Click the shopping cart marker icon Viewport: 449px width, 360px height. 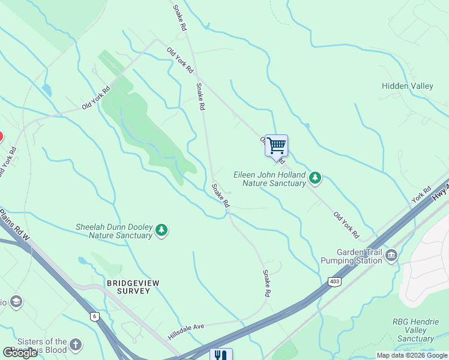(x=276, y=145)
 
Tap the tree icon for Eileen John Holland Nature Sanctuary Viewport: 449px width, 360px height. (x=315, y=178)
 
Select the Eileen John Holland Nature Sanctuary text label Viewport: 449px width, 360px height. (x=269, y=179)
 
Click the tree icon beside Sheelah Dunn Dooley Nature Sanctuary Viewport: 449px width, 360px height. (x=161, y=230)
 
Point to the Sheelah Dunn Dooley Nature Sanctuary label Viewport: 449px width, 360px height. (x=113, y=231)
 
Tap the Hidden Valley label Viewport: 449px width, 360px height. (x=407, y=86)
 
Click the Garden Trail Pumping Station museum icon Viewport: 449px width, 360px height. (x=391, y=256)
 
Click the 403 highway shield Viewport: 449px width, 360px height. (x=334, y=281)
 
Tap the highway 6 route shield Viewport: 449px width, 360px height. (x=94, y=316)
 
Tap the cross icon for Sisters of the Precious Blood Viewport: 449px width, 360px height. (x=75, y=344)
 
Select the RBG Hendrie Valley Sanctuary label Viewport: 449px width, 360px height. (x=415, y=331)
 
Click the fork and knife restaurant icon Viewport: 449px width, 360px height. (x=220, y=355)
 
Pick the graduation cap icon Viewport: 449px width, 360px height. (x=16, y=301)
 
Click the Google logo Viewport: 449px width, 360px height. (x=20, y=353)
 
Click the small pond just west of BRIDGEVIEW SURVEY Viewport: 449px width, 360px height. (x=82, y=261)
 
